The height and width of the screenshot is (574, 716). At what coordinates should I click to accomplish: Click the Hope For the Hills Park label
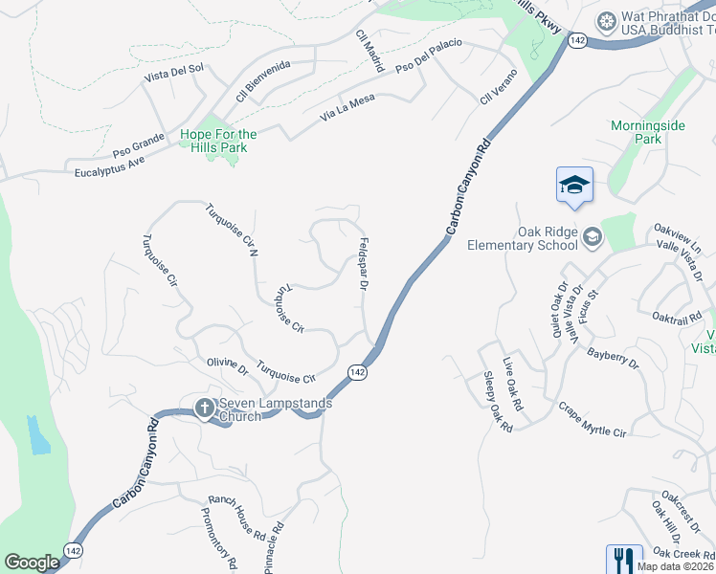[x=218, y=141]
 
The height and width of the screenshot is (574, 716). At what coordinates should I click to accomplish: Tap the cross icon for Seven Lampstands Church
[x=203, y=408]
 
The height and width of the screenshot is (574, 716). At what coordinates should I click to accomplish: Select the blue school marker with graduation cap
[x=574, y=185]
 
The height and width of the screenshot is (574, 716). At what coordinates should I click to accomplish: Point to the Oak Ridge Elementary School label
[x=522, y=237]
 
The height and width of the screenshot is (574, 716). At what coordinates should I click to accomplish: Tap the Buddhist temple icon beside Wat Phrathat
[x=605, y=21]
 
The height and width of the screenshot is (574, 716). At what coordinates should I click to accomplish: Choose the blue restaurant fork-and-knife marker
[x=623, y=559]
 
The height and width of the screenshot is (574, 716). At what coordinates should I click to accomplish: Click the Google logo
[x=32, y=563]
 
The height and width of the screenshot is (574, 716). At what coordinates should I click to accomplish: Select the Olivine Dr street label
[x=227, y=366]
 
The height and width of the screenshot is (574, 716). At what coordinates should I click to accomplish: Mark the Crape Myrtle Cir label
[x=593, y=420]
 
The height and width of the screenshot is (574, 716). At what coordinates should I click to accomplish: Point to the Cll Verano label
[x=499, y=87]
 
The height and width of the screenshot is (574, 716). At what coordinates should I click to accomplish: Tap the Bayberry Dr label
[x=613, y=358]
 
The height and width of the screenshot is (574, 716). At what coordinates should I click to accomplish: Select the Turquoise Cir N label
[x=233, y=231]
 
